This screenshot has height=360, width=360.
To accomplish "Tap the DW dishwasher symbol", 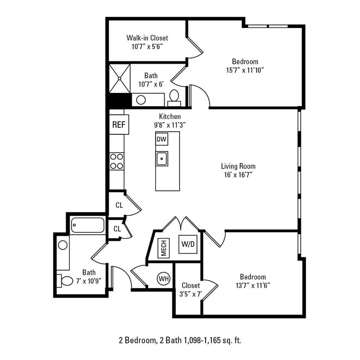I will [161, 139].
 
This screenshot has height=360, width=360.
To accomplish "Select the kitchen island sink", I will [162, 159].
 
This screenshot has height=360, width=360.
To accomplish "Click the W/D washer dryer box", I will [188, 245].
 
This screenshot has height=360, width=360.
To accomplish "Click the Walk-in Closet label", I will [147, 38].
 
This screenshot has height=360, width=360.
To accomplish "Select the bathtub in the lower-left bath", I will [88, 225].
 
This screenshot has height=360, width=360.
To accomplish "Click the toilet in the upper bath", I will [174, 96].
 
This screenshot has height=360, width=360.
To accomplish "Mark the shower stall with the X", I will [119, 78].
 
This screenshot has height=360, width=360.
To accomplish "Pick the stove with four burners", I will [116, 161].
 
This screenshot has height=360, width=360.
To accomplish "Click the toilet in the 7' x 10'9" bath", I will [66, 281].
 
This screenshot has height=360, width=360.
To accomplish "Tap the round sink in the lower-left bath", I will [63, 245].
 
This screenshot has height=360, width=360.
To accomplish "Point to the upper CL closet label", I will [119, 205].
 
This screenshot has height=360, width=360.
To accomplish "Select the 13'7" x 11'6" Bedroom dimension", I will [253, 285].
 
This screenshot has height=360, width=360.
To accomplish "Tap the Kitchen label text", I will [170, 116].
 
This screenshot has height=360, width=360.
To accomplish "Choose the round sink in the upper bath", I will [141, 100].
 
